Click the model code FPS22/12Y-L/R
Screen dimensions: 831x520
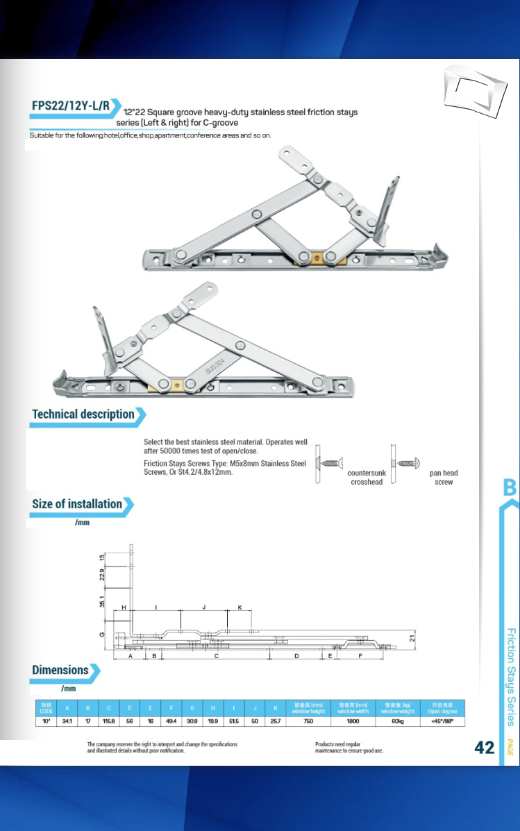click(70, 106)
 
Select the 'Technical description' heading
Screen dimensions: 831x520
click(83, 414)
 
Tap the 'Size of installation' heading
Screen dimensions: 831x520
click(77, 504)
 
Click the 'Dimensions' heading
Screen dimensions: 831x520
click(60, 670)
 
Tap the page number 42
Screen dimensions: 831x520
click(485, 747)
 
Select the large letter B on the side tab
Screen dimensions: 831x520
click(510, 487)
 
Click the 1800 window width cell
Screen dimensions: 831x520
click(353, 721)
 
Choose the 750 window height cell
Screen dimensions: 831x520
click(308, 721)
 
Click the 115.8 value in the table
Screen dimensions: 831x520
click(108, 721)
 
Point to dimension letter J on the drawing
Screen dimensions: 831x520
click(203, 607)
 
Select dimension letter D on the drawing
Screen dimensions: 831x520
click(296, 655)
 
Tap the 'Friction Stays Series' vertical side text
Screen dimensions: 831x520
click(510, 676)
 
